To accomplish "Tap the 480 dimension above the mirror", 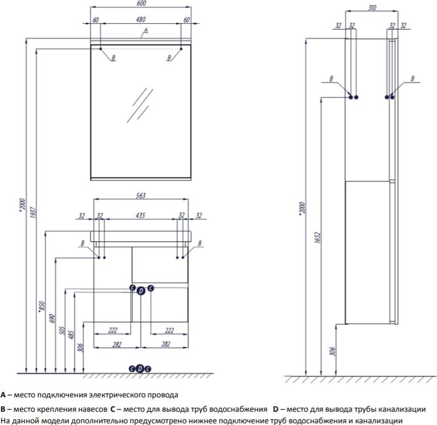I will coord(141,19).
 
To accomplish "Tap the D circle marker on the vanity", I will coord(141,290).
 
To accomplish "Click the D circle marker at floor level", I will coord(140,368).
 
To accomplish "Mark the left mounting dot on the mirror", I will coord(100,49).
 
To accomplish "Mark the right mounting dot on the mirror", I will coord(181,49).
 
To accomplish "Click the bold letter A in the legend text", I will coord(3,395).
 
